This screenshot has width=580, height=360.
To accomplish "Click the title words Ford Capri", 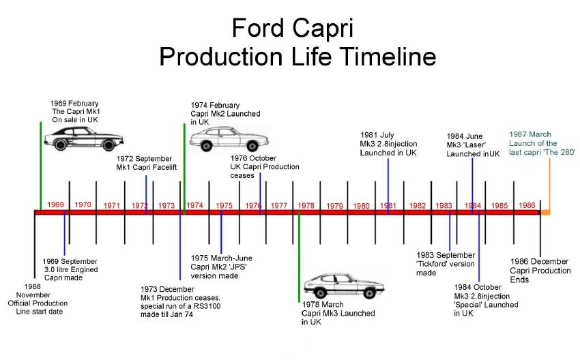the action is point(293,29).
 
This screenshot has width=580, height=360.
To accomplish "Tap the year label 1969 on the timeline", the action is point(55,205).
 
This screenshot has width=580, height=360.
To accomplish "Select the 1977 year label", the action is point(279,205).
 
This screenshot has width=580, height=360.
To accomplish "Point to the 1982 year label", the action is point(418,206).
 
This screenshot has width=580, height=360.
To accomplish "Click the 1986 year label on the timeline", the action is point(527,205).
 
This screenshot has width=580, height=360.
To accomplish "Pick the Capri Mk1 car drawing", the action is point(84,138).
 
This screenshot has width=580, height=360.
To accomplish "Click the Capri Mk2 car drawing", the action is point(229,139).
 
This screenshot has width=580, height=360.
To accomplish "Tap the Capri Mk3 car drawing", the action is point(344,286).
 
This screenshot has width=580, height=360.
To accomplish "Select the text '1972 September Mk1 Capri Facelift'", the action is point(147,163).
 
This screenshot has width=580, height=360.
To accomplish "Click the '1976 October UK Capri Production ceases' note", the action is point(265,166).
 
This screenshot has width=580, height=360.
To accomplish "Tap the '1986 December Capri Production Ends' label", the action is point(540,270).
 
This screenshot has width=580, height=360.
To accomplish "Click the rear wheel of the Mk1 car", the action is point(108,145).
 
